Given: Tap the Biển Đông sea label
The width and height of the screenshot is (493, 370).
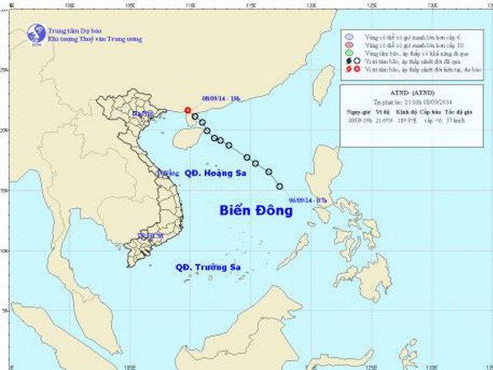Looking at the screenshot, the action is [x=256, y=210].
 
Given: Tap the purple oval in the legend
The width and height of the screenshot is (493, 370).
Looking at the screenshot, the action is [x=349, y=37].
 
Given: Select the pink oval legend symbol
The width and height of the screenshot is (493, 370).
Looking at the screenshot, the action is [x=349, y=45].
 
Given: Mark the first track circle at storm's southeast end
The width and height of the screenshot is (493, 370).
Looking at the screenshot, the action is [x=280, y=186].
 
